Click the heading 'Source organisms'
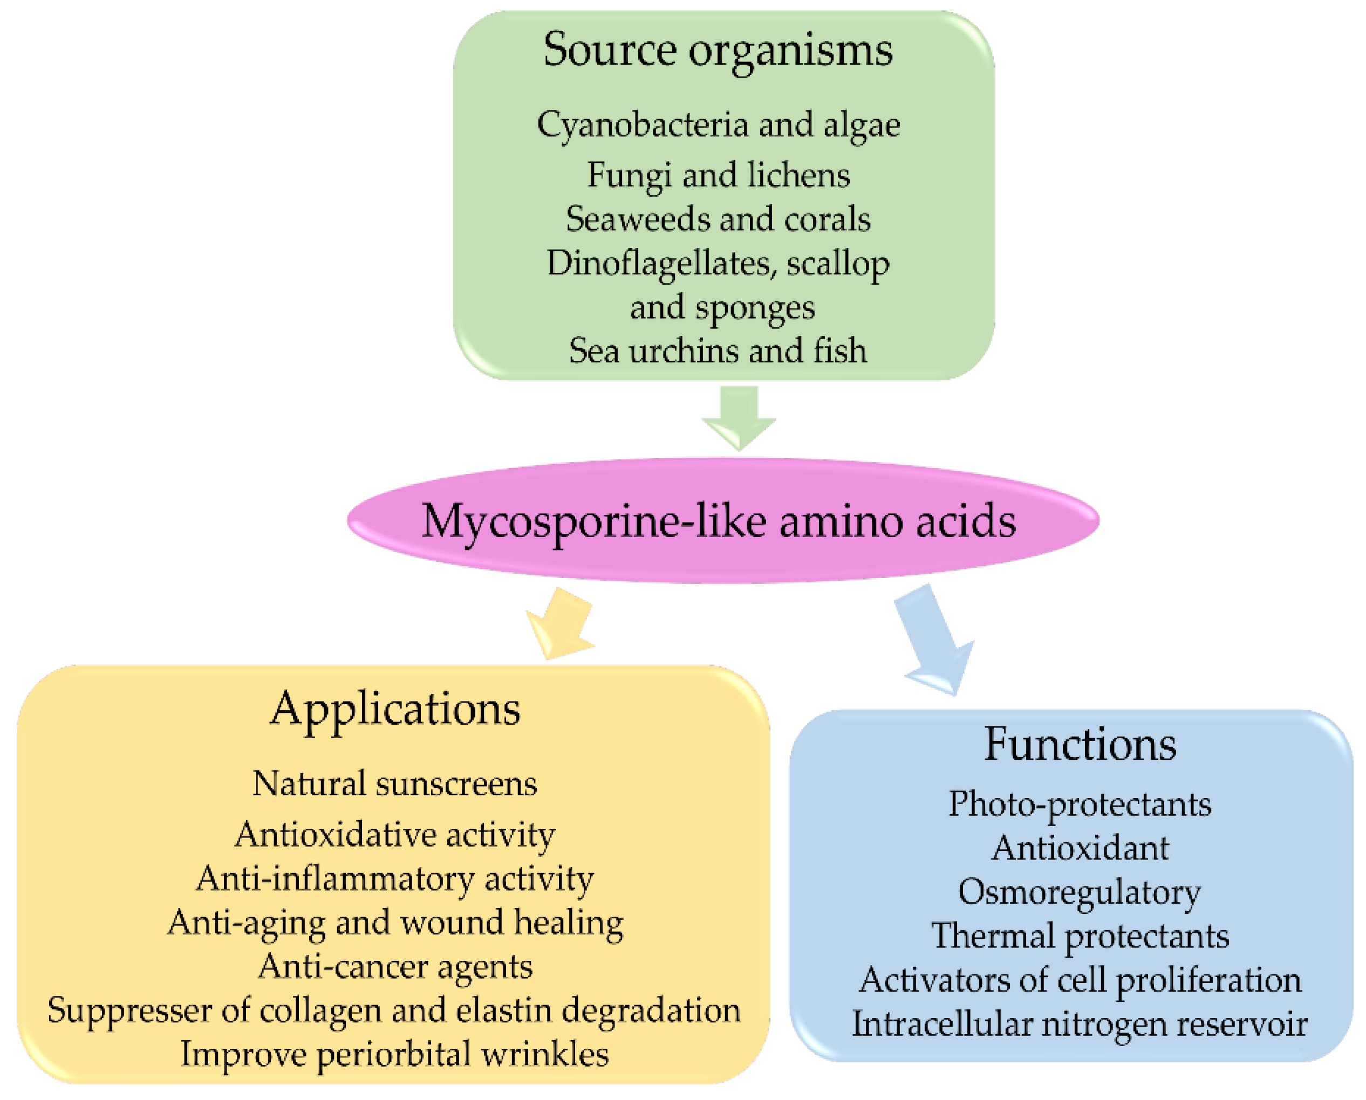(718, 51)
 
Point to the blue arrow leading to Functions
(935, 640)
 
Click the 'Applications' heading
(395, 710)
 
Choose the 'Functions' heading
(1080, 745)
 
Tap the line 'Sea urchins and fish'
(718, 351)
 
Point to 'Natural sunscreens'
(395, 785)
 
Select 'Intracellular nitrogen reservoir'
(1080, 1025)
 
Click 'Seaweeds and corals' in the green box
(718, 219)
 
